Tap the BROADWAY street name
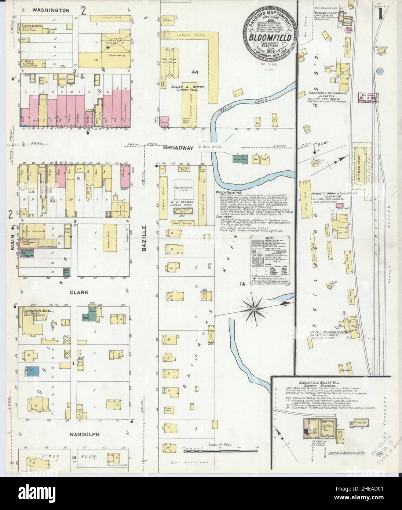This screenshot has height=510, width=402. point(178,147)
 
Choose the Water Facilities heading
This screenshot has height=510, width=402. point(229,192)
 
